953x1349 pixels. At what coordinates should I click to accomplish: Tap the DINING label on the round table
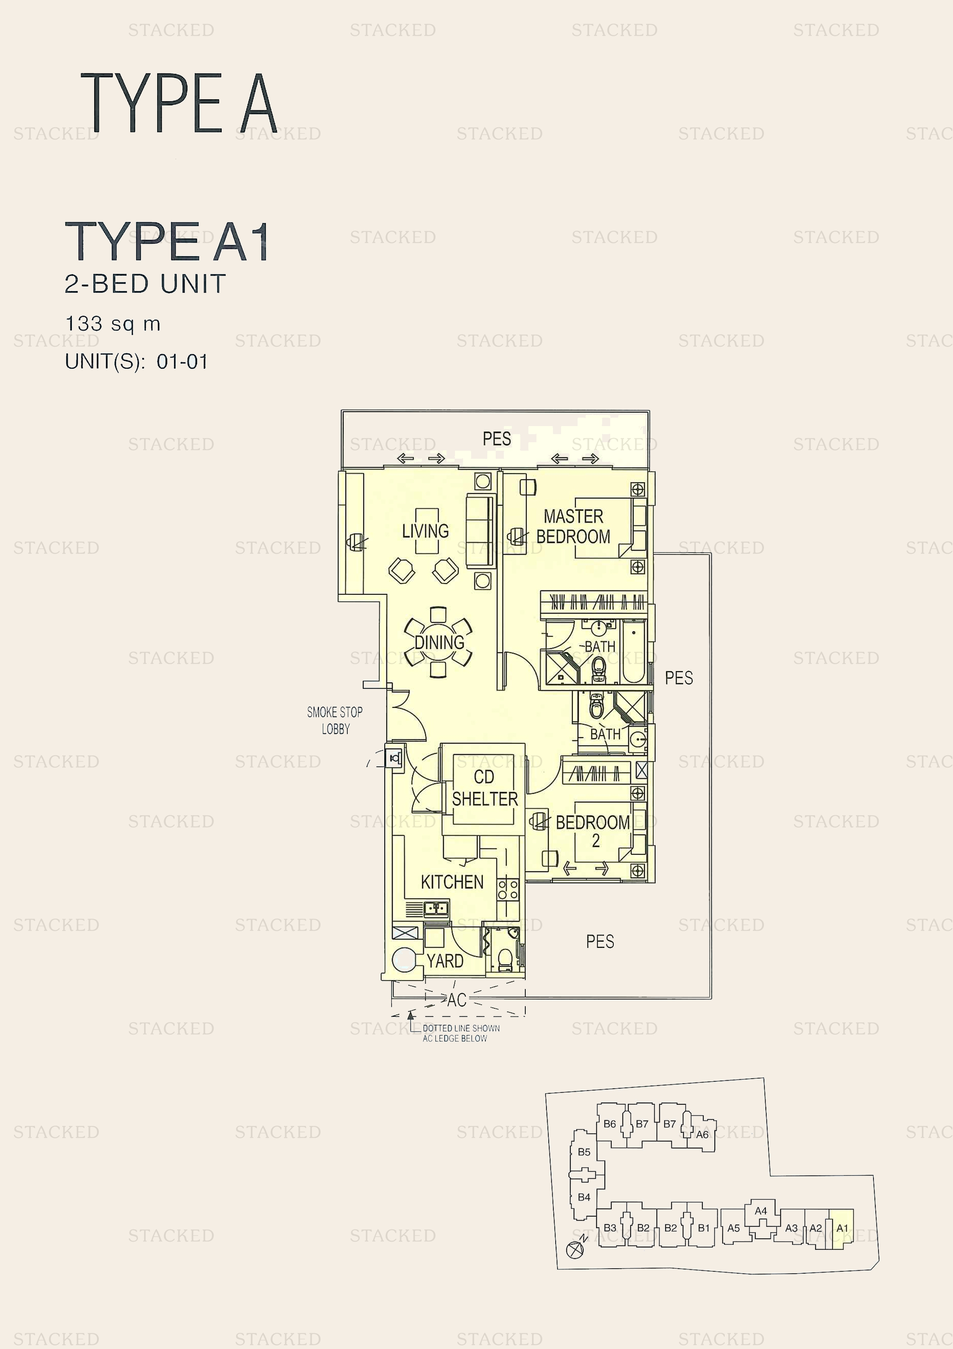point(439,642)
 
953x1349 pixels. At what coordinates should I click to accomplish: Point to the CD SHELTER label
point(485,788)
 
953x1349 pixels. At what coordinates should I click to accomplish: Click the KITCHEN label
point(452,882)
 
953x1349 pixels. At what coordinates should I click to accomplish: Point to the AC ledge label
point(457,1000)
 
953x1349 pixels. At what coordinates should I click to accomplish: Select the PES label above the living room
point(497,438)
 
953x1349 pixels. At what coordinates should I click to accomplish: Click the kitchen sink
point(436,909)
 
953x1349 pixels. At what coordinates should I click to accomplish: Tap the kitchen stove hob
point(508,889)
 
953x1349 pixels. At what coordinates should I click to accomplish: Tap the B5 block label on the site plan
point(584,1152)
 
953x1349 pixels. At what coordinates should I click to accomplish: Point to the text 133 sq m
point(113,324)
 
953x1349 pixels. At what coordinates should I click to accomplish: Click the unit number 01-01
point(182,361)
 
